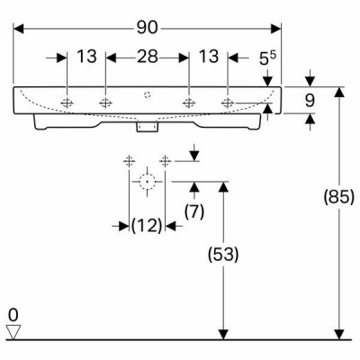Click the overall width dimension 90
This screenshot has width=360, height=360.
pos(148,28)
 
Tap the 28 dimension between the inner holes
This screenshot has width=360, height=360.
pos(148,57)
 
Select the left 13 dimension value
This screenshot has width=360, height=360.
pos(87,57)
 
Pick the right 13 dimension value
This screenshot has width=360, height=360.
pos(209,57)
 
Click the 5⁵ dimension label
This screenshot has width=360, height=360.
pos(267,58)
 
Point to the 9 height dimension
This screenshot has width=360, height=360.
pos(310,101)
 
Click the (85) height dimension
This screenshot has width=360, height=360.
pos(339,198)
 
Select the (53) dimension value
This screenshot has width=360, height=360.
pos(223,255)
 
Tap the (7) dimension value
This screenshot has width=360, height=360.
pos(194,211)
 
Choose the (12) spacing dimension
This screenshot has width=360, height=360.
pos(147,226)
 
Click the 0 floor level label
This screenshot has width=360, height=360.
pos(13,315)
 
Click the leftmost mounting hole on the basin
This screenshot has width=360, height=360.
pos(67,103)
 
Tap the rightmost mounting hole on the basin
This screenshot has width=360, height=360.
pos(228,103)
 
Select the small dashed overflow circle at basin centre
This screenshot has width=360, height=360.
pos(147,94)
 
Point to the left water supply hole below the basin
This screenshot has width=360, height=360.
pos(129,161)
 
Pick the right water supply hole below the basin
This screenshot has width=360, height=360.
pos(165,161)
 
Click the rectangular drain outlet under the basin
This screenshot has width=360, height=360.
pos(147,126)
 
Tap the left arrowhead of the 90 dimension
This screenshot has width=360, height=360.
pos(19,29)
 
